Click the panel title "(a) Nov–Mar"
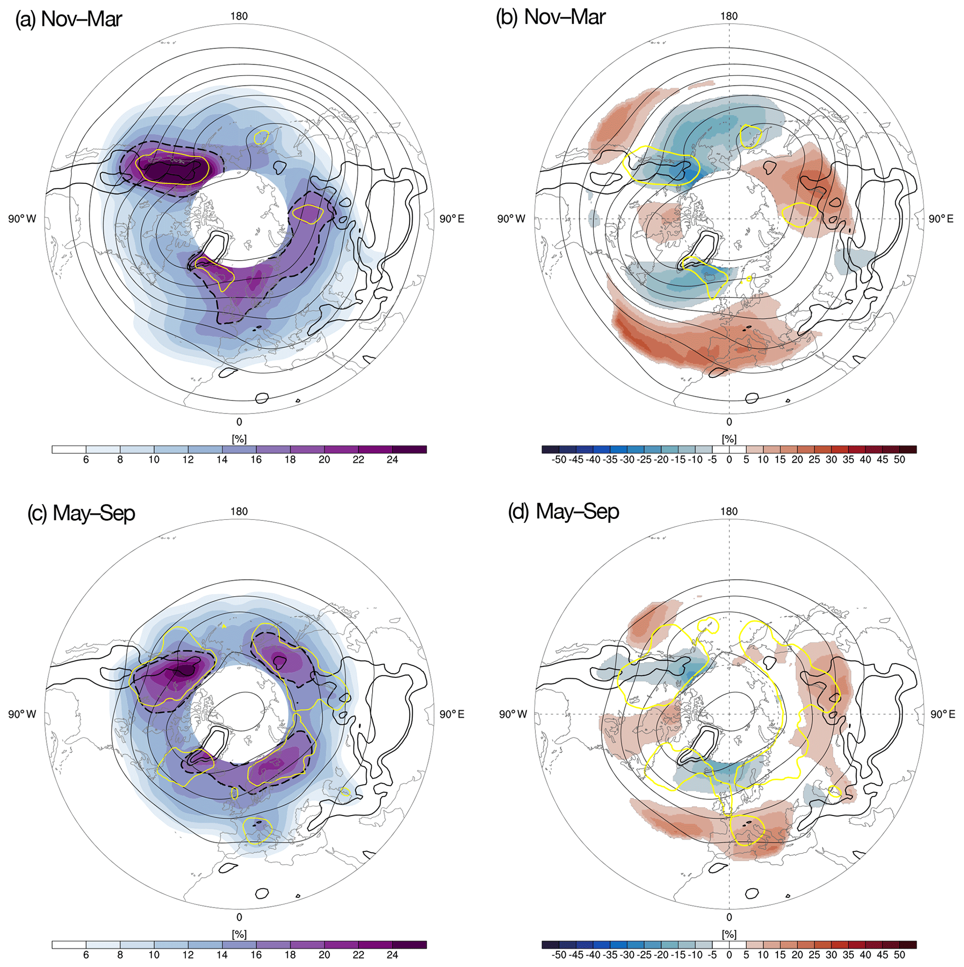click(x=69, y=19)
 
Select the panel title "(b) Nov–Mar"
click(x=551, y=17)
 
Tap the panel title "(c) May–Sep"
click(x=81, y=513)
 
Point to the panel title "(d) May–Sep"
click(x=564, y=511)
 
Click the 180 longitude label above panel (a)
click(x=239, y=16)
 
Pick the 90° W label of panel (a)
click(x=22, y=219)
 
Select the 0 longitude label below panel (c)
click(x=239, y=918)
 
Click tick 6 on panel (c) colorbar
click(x=86, y=955)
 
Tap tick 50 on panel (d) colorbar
click(x=899, y=955)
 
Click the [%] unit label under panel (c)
click(x=239, y=934)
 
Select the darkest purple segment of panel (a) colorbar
click(x=409, y=449)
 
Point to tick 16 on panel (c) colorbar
click(x=256, y=955)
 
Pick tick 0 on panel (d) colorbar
click(x=729, y=955)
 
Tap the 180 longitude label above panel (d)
click(x=728, y=511)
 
